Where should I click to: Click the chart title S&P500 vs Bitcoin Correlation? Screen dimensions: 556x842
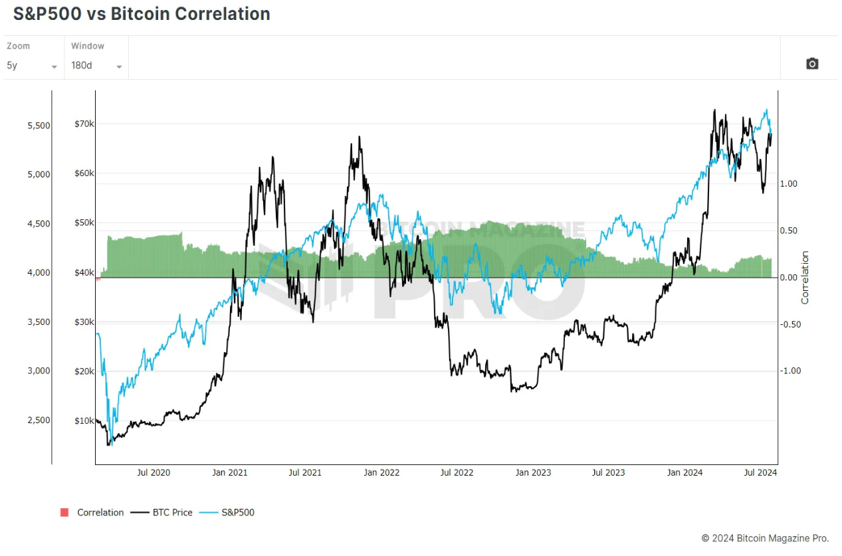(142, 14)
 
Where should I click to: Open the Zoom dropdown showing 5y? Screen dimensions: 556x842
(32, 66)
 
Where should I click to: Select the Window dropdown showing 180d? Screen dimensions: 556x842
(96, 66)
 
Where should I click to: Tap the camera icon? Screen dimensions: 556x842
(811, 64)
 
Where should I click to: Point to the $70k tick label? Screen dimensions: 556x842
(85, 124)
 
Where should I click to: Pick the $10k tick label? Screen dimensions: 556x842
(85, 420)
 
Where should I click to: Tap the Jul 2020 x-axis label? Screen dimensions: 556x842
(154, 473)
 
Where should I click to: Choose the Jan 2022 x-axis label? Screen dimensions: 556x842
(381, 473)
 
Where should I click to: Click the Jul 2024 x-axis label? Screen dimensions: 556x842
(760, 473)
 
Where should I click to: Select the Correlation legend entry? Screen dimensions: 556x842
(92, 513)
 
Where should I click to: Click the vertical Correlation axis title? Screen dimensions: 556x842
(805, 278)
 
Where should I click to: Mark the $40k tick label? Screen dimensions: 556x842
(85, 272)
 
